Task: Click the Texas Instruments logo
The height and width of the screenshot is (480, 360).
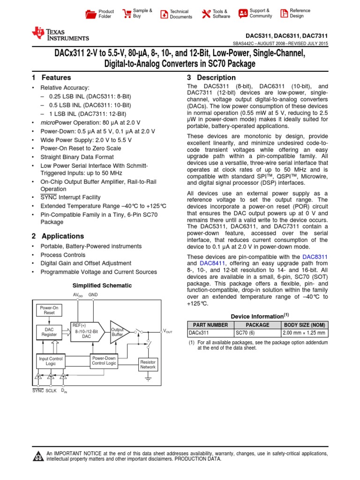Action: click(x=60, y=34)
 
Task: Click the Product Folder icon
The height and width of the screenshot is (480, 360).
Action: click(x=91, y=14)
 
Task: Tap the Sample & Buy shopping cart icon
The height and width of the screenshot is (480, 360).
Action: click(x=126, y=14)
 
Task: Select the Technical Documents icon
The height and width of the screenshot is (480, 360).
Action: click(x=163, y=14)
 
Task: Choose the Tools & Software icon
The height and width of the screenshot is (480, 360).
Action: click(x=206, y=14)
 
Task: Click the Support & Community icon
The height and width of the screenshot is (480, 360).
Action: click(x=243, y=14)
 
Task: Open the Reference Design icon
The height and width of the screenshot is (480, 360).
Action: click(x=284, y=14)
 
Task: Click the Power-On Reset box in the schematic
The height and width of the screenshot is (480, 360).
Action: click(x=49, y=310)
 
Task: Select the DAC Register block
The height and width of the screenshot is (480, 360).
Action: click(x=49, y=332)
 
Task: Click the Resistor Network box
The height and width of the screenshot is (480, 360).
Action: click(x=148, y=365)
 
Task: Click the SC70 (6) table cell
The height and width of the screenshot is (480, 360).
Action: click(x=257, y=333)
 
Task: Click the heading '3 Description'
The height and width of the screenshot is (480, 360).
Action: click(x=211, y=78)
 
